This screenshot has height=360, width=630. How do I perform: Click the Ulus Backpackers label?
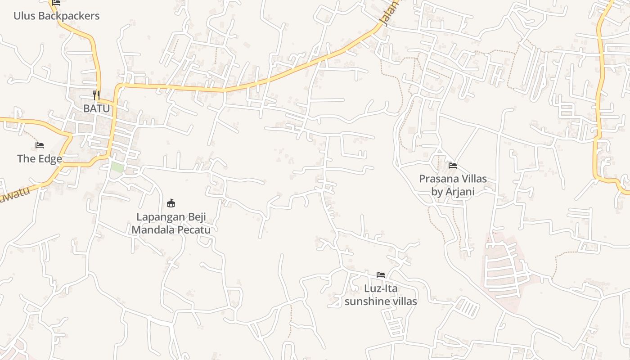[56, 16]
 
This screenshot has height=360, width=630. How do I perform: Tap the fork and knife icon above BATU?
[96, 95]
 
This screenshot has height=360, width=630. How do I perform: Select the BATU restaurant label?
[96, 108]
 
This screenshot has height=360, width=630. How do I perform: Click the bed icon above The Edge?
[40, 145]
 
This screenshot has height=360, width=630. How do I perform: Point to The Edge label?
[40, 158]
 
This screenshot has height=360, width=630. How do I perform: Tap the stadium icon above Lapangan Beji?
[171, 203]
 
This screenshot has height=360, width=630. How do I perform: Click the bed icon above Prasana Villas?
[453, 166]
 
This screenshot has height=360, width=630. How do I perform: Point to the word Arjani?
[459, 191]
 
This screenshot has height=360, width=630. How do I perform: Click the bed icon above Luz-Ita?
[381, 274]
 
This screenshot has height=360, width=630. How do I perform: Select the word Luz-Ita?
[381, 288]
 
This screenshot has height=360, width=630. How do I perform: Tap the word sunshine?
[365, 301]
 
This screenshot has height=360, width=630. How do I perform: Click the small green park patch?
[117, 167]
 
